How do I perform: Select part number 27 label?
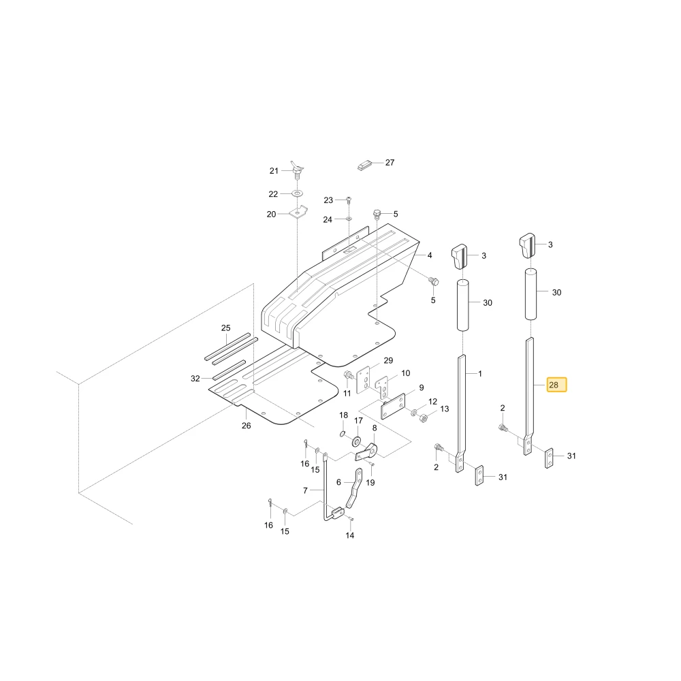click(390, 163)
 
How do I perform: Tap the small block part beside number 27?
click(365, 166)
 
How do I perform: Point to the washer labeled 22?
click(297, 193)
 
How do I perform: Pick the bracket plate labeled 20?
click(298, 212)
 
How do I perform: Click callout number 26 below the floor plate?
click(247, 426)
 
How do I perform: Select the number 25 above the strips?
click(226, 328)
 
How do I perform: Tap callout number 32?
click(195, 379)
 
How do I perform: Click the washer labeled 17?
click(357, 442)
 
